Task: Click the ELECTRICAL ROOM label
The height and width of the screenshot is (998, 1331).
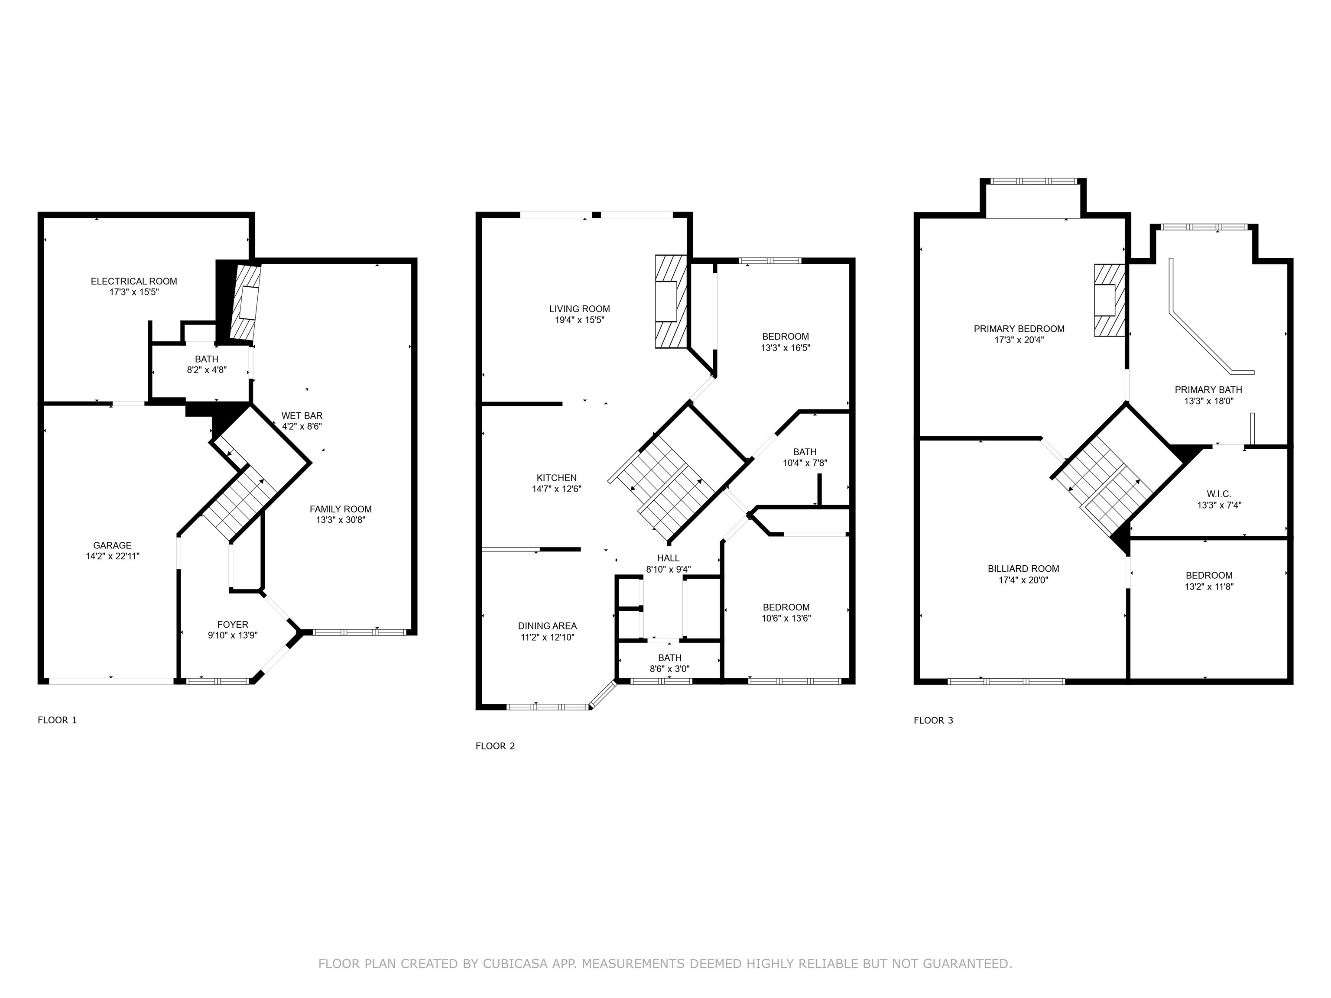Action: [133, 281]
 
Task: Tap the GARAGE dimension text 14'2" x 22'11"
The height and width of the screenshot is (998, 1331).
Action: [113, 557]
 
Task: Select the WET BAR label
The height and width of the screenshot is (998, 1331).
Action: [302, 416]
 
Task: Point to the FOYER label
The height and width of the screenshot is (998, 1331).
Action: [232, 625]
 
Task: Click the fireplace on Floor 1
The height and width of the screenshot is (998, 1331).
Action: [246, 303]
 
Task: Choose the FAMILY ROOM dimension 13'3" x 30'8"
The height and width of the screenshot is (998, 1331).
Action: [341, 520]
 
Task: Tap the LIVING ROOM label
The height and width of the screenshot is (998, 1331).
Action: [579, 309]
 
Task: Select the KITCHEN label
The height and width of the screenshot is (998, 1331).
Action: [557, 478]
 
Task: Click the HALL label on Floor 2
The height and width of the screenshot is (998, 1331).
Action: [668, 558]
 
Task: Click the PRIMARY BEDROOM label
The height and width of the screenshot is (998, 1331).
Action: [1019, 329]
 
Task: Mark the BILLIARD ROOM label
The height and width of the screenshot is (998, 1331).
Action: [1023, 568]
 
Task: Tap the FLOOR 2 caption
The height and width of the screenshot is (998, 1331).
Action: [495, 746]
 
